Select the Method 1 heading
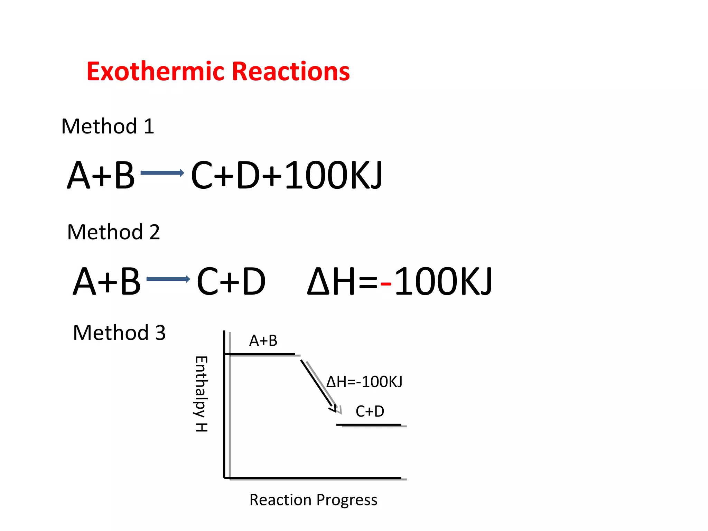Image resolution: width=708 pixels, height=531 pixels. coord(108,126)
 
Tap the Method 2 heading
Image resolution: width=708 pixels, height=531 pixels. coord(113,232)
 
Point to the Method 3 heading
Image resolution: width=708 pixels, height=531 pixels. coord(119,333)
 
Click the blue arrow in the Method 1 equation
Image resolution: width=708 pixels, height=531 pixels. coord(162,173)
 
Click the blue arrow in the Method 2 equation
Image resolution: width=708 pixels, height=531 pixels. coord(168,279)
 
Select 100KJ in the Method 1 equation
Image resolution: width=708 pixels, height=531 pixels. coord(334,176)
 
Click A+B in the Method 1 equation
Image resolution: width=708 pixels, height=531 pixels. coord(101,176)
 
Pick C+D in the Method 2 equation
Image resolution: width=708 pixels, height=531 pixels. coord(231,282)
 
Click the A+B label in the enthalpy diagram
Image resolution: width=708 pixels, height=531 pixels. coord(263,341)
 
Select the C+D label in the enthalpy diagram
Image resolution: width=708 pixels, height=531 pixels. coord(370,411)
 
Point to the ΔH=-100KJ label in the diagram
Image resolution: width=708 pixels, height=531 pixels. coord(364,382)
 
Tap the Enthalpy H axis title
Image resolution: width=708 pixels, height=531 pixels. coord(202,394)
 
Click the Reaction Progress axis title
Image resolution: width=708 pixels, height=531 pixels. coord(313,500)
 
